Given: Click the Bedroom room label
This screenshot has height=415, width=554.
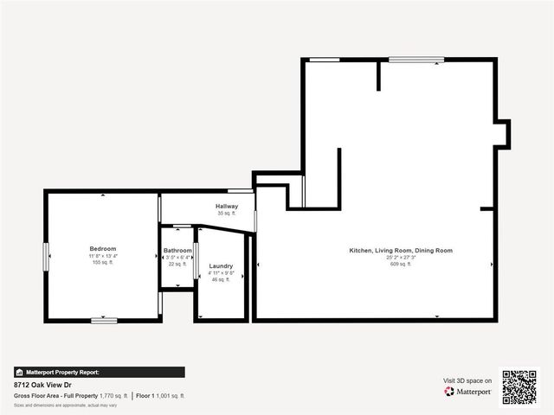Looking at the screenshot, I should [102, 249].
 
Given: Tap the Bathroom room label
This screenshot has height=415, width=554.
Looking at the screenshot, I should [177, 251].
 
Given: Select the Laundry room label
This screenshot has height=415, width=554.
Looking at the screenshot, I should [221, 266].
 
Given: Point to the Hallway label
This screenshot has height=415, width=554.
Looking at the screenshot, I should [227, 207].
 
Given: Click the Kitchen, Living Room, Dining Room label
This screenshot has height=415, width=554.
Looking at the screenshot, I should [401, 251].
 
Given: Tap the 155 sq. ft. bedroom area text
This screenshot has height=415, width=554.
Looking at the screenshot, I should [102, 262].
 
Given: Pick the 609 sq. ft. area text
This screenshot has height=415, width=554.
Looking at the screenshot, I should [401, 264].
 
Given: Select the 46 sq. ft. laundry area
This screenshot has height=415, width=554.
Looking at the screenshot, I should [221, 279].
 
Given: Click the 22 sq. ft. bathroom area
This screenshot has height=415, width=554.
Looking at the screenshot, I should [177, 264].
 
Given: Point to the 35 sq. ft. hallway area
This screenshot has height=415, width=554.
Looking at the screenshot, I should [227, 214].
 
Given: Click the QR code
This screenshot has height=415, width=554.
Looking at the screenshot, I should [519, 387].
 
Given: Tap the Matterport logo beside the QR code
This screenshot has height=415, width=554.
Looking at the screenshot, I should [468, 392].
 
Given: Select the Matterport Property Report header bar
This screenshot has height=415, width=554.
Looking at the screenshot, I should [99, 372].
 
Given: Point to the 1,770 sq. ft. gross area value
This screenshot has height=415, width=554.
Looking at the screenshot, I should [113, 395].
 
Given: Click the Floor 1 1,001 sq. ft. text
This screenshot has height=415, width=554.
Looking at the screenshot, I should [160, 395].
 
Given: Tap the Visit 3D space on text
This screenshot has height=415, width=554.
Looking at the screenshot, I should [467, 380].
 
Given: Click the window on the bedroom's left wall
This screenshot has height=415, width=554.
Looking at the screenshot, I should [46, 256].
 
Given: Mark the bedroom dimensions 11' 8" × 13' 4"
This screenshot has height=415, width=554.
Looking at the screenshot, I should [102, 256].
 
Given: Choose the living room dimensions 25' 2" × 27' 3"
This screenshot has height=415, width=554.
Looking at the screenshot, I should [401, 257].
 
